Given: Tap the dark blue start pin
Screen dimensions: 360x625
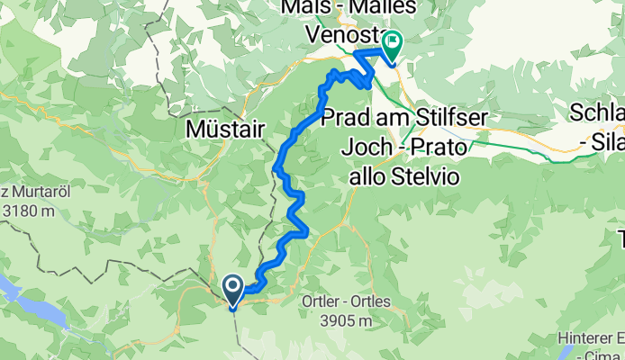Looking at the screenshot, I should (232, 291).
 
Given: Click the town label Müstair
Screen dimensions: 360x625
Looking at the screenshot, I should (224, 130).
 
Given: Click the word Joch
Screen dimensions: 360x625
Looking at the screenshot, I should (368, 146).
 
